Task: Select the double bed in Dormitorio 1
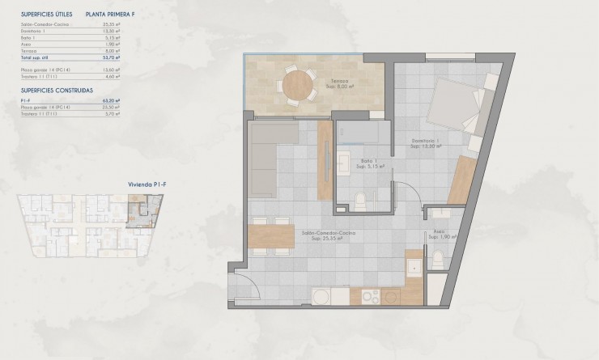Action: click(x=452, y=112)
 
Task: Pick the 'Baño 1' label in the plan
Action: click(x=369, y=161)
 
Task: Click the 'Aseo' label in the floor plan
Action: click(x=440, y=232)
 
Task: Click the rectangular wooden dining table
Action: click(x=271, y=235)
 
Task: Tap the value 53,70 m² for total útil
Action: click(x=111, y=58)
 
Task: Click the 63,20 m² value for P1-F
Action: click(x=111, y=100)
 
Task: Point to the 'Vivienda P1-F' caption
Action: click(x=147, y=184)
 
